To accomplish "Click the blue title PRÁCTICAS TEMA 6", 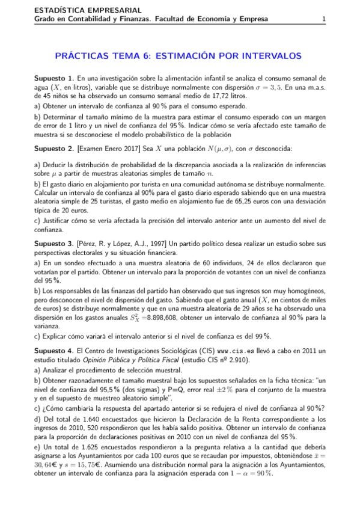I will [177, 56].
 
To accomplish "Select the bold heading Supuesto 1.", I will [54, 78].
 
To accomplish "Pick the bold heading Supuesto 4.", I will [54, 351].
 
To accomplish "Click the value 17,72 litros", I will [229, 95].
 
